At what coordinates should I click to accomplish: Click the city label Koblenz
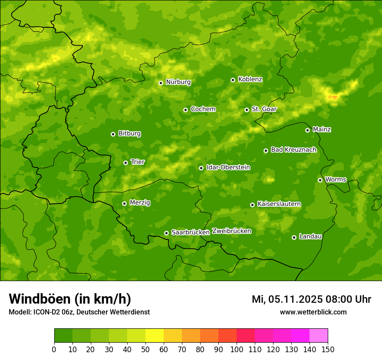click(250, 79)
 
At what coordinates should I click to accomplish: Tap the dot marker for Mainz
click(307, 130)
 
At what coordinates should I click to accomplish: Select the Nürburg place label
click(178, 82)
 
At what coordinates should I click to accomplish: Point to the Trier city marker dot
click(125, 163)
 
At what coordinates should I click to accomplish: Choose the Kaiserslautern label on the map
click(279, 204)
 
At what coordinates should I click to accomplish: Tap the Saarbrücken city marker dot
click(166, 233)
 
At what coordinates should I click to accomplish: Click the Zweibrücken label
click(231, 231)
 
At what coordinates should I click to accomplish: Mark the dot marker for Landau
click(294, 237)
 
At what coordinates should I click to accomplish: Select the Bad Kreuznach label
click(293, 150)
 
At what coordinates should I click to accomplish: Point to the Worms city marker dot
click(320, 180)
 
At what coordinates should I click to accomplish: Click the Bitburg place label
click(129, 134)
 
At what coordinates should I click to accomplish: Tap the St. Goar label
click(264, 109)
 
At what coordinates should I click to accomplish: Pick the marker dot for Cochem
click(185, 110)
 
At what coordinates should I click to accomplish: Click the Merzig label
click(140, 203)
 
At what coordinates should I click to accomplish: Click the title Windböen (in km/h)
click(69, 299)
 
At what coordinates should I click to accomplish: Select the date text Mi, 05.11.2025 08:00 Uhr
click(311, 299)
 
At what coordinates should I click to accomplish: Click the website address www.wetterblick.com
click(313, 312)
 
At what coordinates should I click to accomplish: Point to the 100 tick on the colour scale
click(237, 349)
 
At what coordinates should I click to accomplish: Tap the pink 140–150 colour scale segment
click(319, 335)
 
